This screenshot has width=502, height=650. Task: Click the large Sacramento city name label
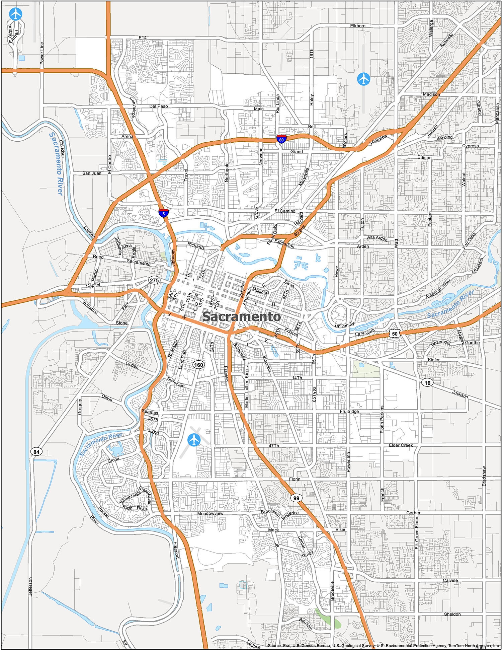241,316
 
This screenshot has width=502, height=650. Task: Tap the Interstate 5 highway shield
164,213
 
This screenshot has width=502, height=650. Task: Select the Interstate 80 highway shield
281,139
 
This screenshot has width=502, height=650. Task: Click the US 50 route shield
395,334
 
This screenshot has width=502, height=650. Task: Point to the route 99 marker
296,498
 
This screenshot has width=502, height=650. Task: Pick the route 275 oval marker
154,280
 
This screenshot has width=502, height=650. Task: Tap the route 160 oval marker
199,365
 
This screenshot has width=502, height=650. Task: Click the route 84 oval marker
36,452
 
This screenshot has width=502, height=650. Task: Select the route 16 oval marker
427,382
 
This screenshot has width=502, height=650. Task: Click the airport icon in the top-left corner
15,14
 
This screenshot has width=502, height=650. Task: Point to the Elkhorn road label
357,26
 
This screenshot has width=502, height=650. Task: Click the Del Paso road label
158,106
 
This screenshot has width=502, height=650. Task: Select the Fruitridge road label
349,411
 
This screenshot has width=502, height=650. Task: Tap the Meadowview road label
210,513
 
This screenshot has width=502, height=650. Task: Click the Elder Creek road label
401,445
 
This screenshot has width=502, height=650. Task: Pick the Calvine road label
450,580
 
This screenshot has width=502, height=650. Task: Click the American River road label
438,289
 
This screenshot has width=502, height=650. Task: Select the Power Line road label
42,53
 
